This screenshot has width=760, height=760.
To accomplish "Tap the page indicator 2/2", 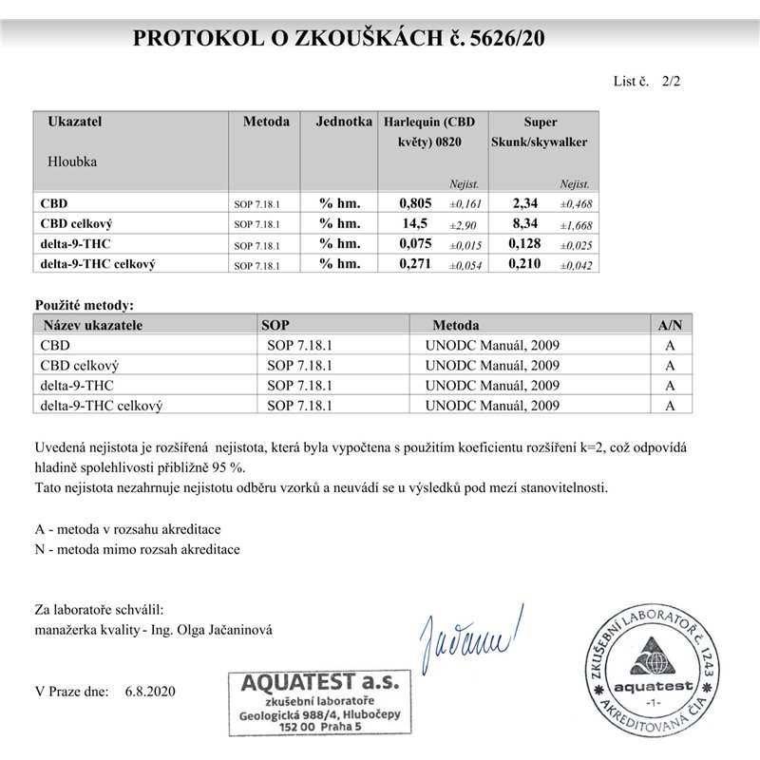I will click(x=671, y=82).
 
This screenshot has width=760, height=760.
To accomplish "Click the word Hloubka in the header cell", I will click(x=72, y=161).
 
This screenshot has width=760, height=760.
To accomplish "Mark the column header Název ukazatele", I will click(x=91, y=324).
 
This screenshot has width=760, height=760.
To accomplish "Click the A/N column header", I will click(x=670, y=324).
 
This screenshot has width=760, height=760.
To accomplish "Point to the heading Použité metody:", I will click(x=84, y=305).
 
